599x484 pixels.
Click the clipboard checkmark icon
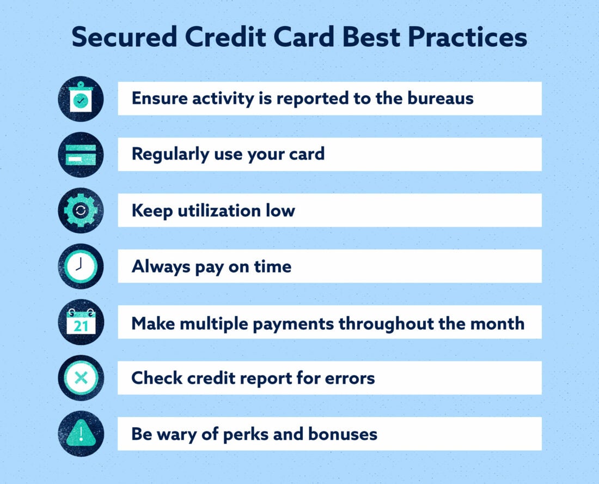(x=81, y=99)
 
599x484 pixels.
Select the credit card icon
(x=81, y=154)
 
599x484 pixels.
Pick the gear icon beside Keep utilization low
(x=81, y=210)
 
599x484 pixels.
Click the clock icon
(x=81, y=266)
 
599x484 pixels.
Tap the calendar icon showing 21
(x=81, y=322)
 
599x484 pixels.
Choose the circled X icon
(x=81, y=378)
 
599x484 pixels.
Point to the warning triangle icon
(x=81, y=434)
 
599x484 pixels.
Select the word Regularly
(x=166, y=154)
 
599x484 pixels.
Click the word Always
(x=155, y=267)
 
